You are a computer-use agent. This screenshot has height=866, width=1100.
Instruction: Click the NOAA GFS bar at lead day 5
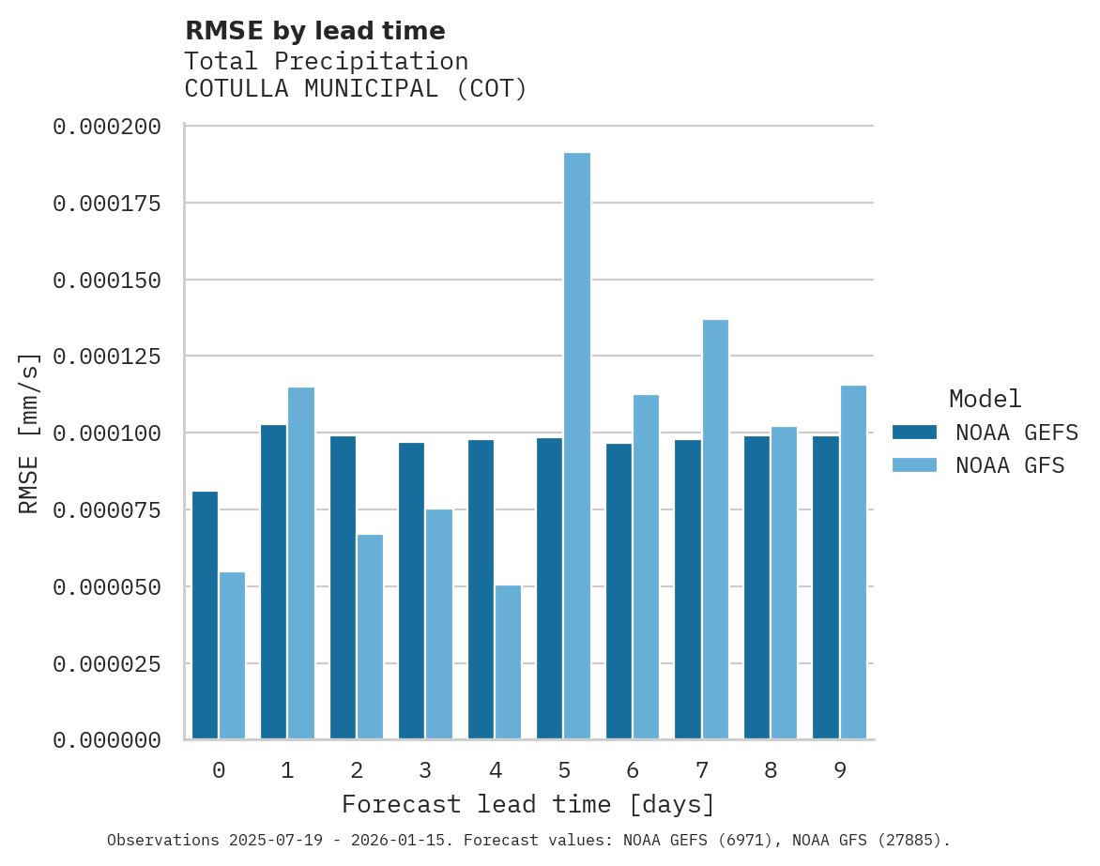[577, 446]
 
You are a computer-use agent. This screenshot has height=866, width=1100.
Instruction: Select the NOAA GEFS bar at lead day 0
[206, 615]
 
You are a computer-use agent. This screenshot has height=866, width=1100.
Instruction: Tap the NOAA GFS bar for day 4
[508, 662]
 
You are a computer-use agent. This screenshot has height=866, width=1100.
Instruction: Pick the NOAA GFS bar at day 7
[715, 529]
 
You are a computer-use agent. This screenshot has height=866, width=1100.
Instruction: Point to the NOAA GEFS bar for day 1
[274, 582]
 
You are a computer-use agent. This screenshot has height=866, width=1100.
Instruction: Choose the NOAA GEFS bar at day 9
[826, 587]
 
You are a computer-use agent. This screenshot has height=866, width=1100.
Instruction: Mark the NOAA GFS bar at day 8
[784, 583]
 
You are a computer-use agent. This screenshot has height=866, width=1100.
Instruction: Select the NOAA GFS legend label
[1010, 465]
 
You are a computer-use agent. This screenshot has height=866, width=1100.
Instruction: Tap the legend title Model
[985, 399]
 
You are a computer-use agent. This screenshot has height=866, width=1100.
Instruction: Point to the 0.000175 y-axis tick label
[107, 204]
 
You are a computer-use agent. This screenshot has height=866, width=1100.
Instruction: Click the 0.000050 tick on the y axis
[107, 587]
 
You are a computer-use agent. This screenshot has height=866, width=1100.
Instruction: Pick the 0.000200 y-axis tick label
[107, 127]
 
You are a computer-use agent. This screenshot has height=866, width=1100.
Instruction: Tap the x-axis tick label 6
[633, 770]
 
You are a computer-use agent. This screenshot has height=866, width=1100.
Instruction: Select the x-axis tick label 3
[425, 770]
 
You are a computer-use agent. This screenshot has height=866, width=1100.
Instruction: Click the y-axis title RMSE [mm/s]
[30, 433]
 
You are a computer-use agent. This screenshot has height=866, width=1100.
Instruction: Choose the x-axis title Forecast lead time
[528, 804]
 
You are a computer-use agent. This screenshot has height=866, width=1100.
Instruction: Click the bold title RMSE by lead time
[314, 31]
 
